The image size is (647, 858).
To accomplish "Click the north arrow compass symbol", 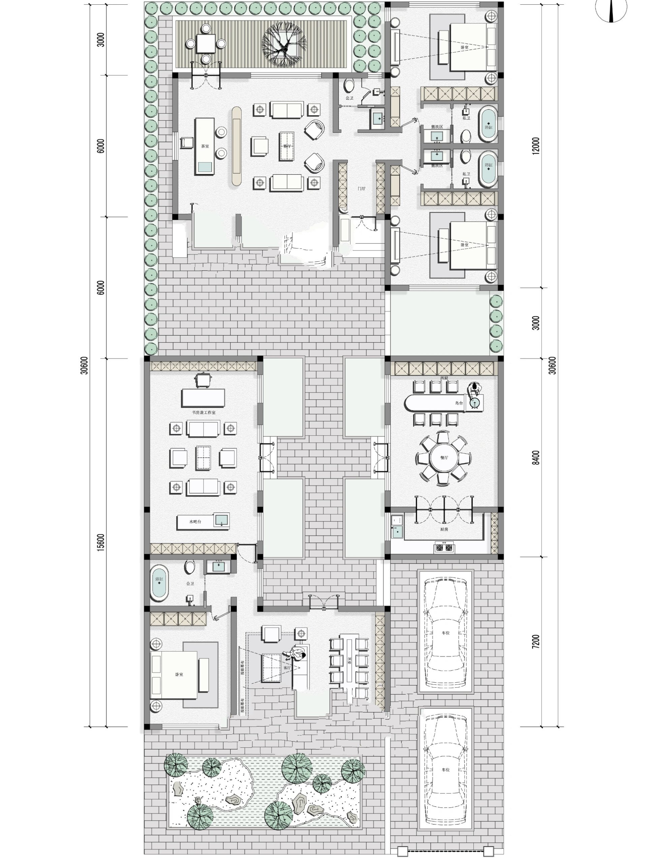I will click(x=611, y=11).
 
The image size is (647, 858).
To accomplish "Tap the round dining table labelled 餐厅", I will click(x=443, y=458).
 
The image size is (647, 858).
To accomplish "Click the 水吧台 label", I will click(x=195, y=522).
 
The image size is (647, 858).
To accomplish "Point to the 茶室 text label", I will click(x=205, y=146).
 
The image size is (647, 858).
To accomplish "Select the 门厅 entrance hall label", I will click(x=361, y=188).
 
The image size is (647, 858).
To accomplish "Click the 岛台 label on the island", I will click(x=459, y=403).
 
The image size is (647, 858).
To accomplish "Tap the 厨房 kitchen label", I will click(x=444, y=529).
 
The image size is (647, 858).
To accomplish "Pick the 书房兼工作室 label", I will click(x=204, y=412).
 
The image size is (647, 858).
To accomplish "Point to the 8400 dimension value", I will click(x=535, y=458).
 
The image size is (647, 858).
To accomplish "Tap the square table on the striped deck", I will click(x=206, y=43).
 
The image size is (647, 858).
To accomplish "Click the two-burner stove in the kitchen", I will click(x=444, y=548).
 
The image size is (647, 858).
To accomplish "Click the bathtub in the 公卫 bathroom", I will click(x=159, y=583).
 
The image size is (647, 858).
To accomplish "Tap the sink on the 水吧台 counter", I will click(x=221, y=520).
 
